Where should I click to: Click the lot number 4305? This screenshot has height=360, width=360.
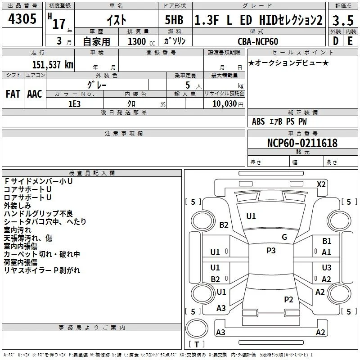tap(22, 19)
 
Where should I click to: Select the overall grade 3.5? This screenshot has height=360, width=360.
tap(343, 20)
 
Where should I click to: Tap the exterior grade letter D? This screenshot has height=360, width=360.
tap(336, 41)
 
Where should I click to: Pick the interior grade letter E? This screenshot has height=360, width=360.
tap(350, 41)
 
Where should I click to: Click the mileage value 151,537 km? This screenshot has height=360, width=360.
tap(53, 65)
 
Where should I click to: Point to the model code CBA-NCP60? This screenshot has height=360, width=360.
tap(258, 41)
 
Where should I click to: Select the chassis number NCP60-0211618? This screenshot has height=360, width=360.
tap(302, 143)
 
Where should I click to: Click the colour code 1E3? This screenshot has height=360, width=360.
tap(74, 104)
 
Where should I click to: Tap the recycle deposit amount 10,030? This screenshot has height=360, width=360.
tap(225, 104)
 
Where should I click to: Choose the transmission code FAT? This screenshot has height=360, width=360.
tap(13, 94)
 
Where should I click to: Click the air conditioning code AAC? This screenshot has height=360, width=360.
tap(35, 94)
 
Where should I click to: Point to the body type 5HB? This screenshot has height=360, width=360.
tap(174, 20)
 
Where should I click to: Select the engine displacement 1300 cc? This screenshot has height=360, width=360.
tap(141, 42)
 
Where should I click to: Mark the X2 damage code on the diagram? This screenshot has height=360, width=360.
tap(321, 184)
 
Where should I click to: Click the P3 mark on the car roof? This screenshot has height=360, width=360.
tap(271, 251)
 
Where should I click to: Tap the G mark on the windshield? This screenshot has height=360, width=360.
tap(284, 237)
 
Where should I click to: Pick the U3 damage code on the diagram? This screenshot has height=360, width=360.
tap(327, 267)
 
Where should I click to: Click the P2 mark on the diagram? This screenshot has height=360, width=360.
tap(288, 300)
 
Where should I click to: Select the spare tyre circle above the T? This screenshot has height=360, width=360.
tap(197, 328)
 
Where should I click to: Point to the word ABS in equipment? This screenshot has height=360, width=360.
tap(258, 121)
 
